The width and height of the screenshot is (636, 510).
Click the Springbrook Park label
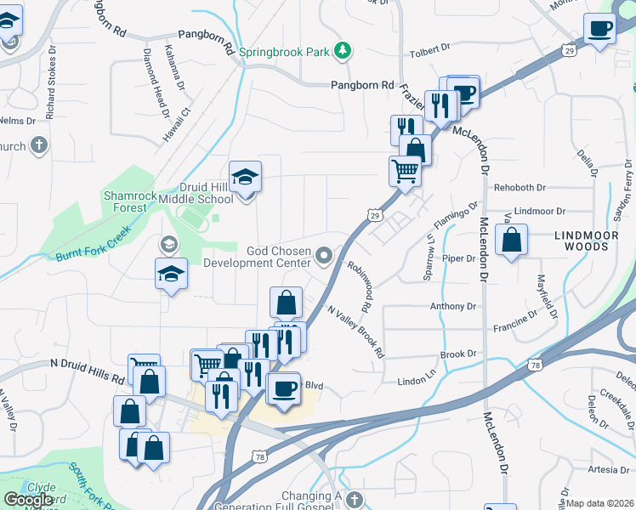point(283,52)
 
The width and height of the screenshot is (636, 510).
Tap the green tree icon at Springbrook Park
point(342,51)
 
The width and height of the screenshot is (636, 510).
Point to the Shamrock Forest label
point(130,201)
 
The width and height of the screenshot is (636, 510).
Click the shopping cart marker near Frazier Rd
point(406,171)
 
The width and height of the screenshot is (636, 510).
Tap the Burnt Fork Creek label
point(93,243)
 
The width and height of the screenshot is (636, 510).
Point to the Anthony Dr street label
point(453,306)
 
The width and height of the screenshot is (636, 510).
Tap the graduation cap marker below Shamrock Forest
point(171,275)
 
